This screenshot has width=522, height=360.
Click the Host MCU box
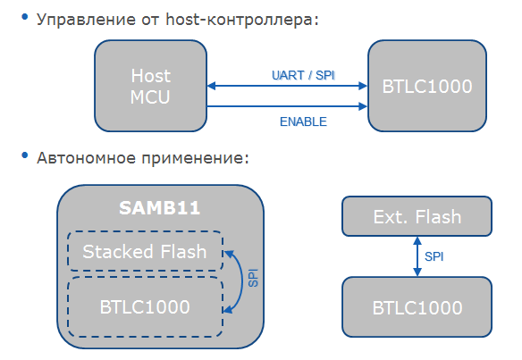[x=150, y=87]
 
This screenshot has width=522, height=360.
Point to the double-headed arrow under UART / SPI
[x=287, y=87]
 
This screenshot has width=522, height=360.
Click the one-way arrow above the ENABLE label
[x=287, y=107]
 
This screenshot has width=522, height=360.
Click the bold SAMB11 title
[x=159, y=208]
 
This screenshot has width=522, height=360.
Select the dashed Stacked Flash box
[x=145, y=252]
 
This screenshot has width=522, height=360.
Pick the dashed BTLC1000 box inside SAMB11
[x=145, y=306]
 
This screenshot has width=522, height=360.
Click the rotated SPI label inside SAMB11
[x=253, y=279]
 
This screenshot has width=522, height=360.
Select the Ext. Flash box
[x=417, y=216]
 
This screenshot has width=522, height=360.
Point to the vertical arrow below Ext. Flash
[x=416, y=255]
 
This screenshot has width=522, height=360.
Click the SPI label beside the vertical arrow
[x=434, y=256]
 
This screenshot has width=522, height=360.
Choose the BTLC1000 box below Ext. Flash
[x=417, y=307]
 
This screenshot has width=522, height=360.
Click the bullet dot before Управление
[x=24, y=18]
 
